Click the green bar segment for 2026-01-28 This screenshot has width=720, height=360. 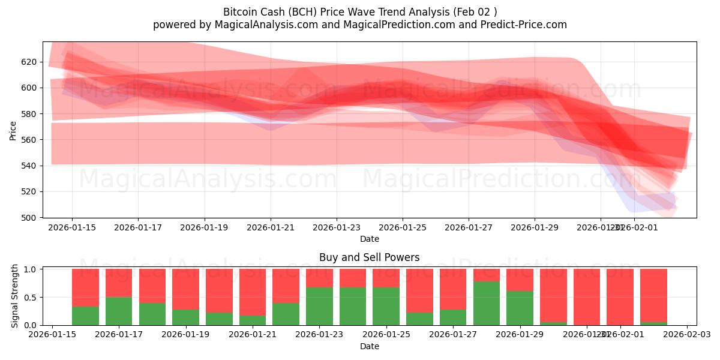point(487,303)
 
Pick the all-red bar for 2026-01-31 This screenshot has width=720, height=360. point(587,297)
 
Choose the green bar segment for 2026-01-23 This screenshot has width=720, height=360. point(319,306)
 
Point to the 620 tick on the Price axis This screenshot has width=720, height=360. point(29,62)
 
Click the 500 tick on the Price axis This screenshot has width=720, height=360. point(29,218)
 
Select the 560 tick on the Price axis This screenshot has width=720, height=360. point(29,140)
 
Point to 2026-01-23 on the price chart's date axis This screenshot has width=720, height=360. point(336,227)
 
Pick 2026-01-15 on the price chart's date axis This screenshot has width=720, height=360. point(72,227)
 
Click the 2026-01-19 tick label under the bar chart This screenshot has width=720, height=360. point(185,335)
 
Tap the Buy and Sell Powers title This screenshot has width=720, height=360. point(369,258)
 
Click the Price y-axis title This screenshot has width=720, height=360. point(13,130)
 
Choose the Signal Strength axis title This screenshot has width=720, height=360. point(15,296)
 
